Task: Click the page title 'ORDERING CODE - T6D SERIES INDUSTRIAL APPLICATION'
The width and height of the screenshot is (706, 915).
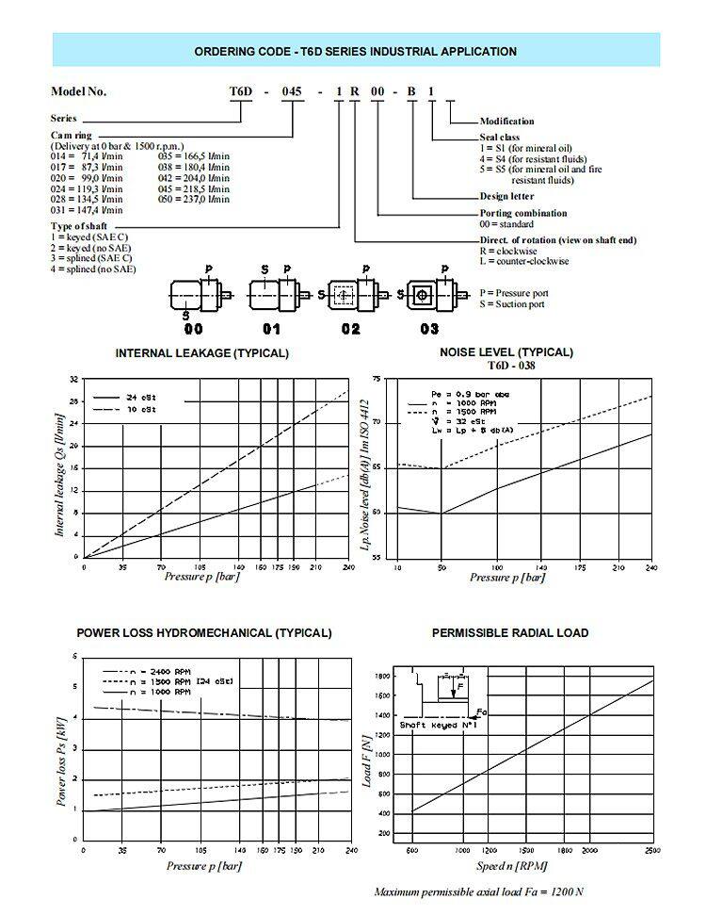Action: point(355,52)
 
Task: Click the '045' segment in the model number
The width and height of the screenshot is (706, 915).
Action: point(296,92)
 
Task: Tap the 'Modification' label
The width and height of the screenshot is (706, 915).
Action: point(506,121)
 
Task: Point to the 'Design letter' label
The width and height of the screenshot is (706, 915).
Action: point(506,196)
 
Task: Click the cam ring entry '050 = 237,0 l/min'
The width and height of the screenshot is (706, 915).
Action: point(195,199)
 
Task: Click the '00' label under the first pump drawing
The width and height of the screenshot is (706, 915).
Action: point(193,330)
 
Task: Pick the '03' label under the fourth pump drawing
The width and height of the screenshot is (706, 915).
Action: point(429,330)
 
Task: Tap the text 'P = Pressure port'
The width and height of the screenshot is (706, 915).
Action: point(513,293)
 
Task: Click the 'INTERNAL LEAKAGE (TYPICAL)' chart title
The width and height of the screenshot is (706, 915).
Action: point(201,353)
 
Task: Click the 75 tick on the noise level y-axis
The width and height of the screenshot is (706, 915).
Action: point(377,379)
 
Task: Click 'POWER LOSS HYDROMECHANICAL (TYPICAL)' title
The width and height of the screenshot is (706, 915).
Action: point(204,632)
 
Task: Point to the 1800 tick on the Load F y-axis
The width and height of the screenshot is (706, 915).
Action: point(383,676)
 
